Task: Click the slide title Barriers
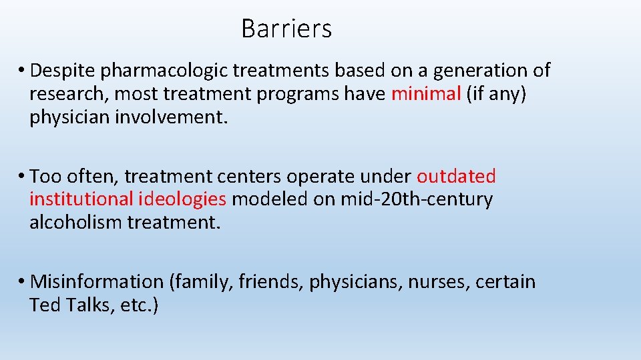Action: (286, 29)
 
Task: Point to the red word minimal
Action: (426, 94)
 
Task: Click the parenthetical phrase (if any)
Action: (497, 94)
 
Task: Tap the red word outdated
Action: (456, 176)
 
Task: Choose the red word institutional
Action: (81, 199)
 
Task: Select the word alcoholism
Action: (75, 223)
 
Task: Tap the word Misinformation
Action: (97, 281)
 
